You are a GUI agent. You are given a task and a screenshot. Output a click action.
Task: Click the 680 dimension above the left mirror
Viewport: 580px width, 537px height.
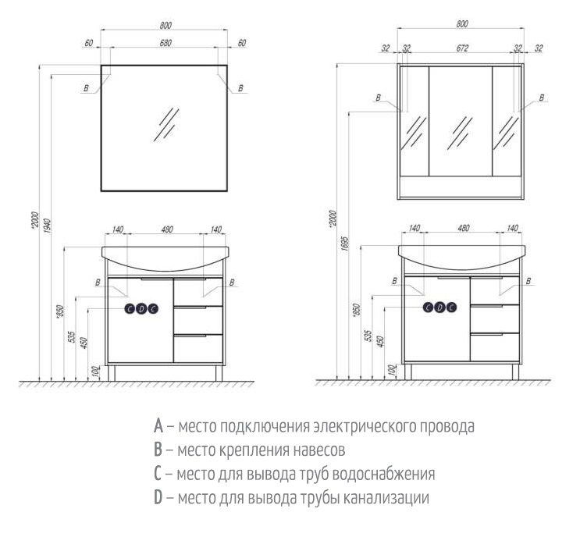click(x=165, y=43)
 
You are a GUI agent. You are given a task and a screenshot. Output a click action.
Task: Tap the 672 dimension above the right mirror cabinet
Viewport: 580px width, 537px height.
click(x=462, y=48)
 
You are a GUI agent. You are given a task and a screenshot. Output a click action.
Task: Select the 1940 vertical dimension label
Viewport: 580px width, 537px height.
click(x=48, y=226)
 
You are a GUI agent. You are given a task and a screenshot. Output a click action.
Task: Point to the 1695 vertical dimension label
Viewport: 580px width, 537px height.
click(x=345, y=244)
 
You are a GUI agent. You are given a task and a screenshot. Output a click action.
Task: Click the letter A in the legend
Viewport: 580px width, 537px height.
click(x=158, y=425)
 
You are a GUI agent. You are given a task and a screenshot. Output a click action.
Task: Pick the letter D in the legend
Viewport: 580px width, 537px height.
click(x=158, y=497)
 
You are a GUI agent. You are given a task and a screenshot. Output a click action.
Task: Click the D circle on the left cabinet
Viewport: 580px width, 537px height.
click(x=141, y=308)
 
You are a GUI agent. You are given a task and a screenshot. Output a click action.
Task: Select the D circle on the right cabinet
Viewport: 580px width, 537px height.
click(x=439, y=308)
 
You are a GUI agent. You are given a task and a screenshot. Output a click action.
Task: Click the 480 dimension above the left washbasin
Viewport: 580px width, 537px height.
click(x=167, y=229)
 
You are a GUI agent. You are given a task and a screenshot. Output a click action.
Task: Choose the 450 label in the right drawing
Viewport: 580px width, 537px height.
click(x=381, y=341)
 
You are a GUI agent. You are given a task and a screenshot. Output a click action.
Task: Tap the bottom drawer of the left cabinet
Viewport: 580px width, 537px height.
click(x=198, y=349)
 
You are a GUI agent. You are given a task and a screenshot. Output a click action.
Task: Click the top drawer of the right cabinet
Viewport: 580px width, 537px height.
click(x=495, y=290)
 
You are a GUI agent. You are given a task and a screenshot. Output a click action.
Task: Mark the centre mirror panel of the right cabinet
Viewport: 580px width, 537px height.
click(x=461, y=121)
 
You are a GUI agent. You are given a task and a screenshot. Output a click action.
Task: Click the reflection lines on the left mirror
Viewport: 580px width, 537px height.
click(x=166, y=124)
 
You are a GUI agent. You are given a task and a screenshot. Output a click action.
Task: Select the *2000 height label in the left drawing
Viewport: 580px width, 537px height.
click(x=35, y=220)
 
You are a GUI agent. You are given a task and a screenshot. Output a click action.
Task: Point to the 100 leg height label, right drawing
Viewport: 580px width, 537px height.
click(x=393, y=370)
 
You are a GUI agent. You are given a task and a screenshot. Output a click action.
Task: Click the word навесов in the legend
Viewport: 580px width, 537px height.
click(x=319, y=450)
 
